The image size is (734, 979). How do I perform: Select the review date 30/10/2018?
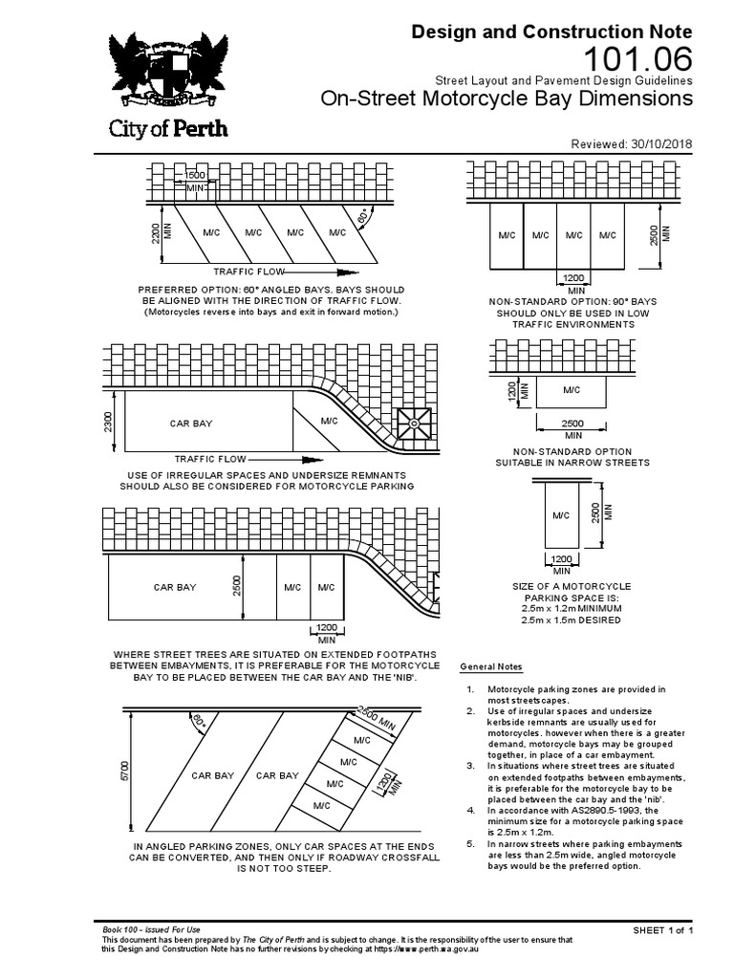click(x=659, y=144)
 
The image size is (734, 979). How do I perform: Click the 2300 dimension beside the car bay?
click(x=110, y=422)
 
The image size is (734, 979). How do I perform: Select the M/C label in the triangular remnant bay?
click(x=330, y=421)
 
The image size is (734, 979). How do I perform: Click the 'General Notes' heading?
click(x=491, y=666)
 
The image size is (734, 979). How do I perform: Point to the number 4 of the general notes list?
click(x=469, y=810)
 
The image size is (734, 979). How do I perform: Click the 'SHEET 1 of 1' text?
click(x=662, y=930)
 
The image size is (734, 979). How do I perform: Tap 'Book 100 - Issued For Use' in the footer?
click(x=151, y=930)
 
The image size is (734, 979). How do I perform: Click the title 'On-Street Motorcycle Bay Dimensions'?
click(x=507, y=98)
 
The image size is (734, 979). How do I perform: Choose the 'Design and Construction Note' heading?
click(x=551, y=32)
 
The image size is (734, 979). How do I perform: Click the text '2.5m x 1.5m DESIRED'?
click(x=572, y=620)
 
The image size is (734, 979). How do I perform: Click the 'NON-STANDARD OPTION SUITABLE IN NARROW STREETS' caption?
click(x=572, y=457)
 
